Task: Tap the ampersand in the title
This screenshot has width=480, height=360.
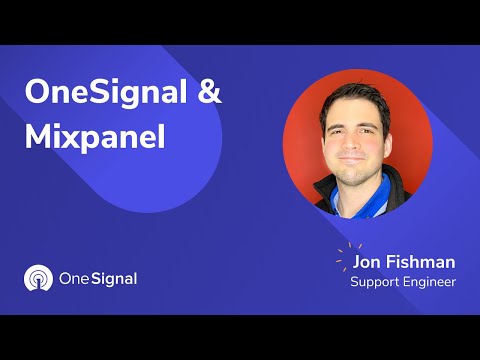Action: coord(208,95)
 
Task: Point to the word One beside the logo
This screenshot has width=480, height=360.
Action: coord(76,279)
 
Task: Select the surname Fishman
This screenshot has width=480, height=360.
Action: coord(419,262)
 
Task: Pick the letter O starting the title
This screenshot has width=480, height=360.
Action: coord(37,95)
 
